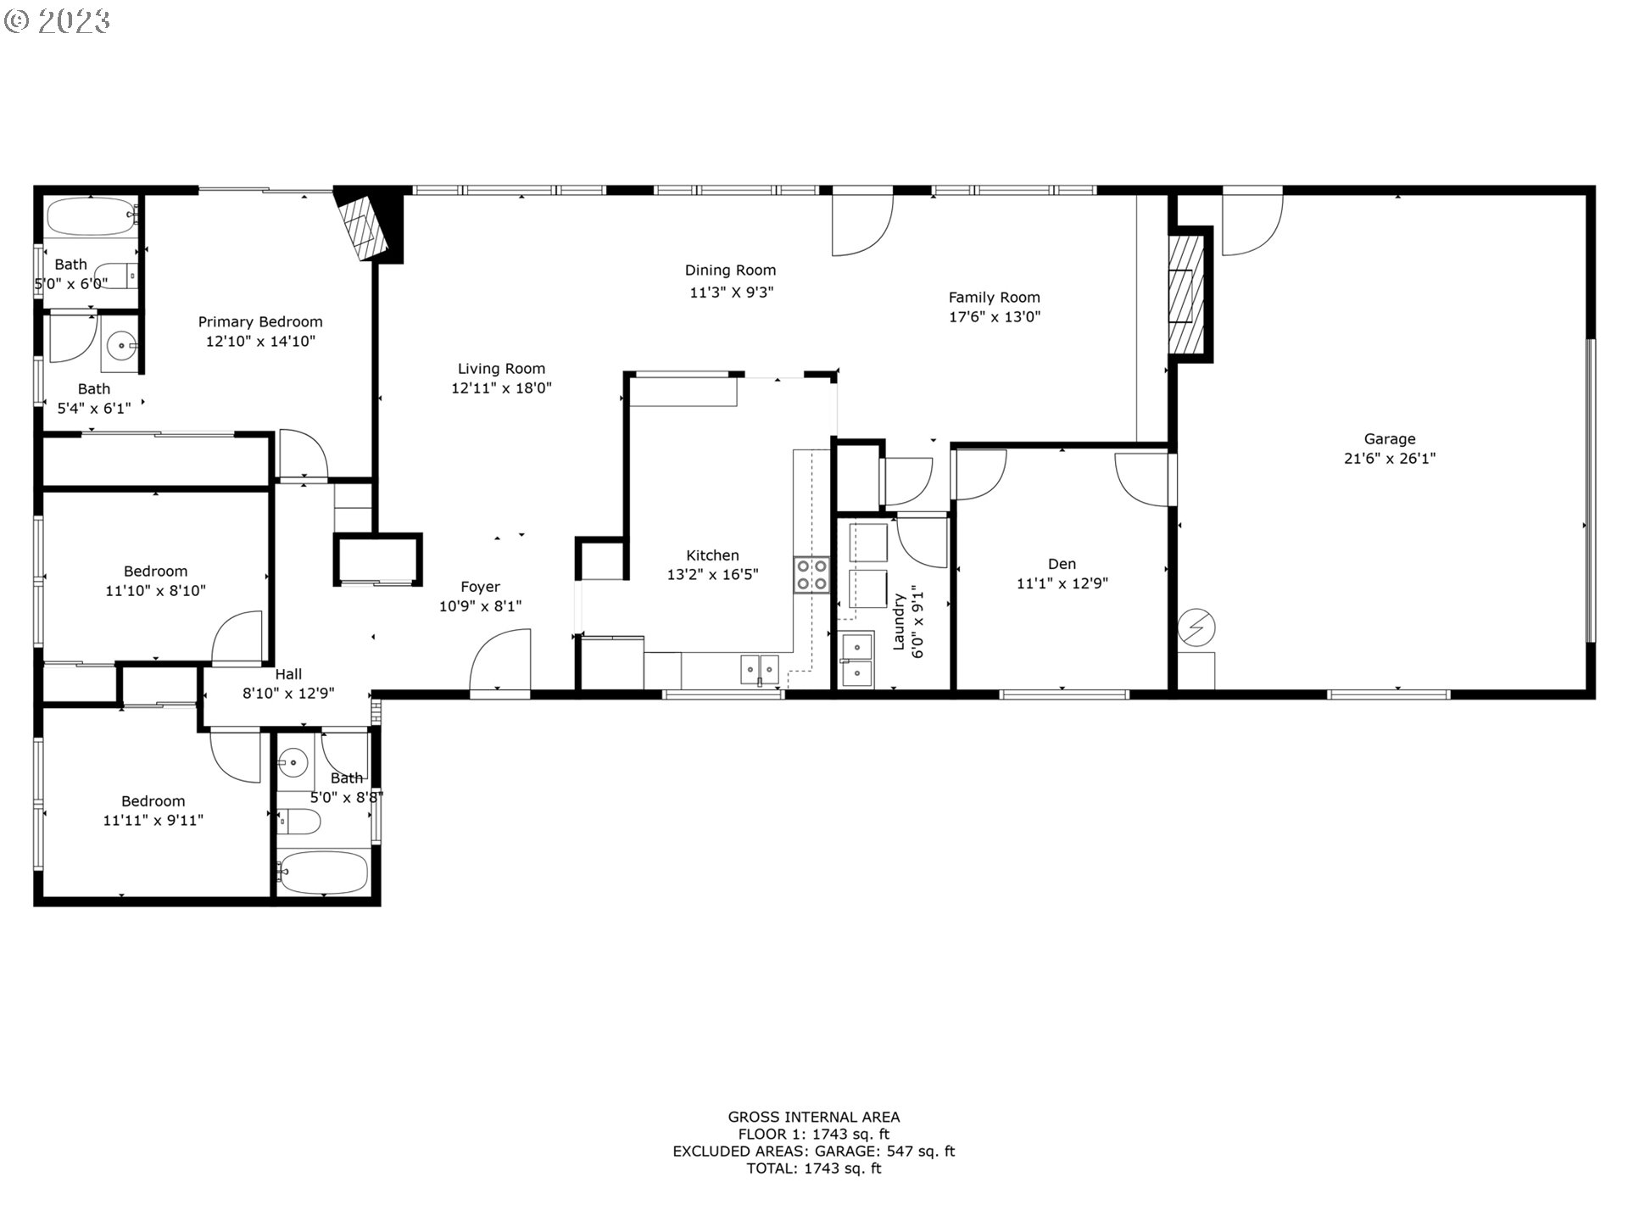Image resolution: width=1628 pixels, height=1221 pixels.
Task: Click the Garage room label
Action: (x=1389, y=439)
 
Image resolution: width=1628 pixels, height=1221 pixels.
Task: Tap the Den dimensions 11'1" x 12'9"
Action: (x=1062, y=583)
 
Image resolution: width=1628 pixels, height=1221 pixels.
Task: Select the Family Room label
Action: (x=994, y=298)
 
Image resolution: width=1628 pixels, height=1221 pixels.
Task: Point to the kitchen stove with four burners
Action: (x=811, y=574)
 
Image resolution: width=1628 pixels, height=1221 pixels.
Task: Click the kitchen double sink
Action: (x=759, y=668)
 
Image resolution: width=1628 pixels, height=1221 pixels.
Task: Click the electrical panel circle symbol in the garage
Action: (x=1196, y=628)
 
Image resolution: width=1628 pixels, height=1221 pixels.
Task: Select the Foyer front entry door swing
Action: (x=500, y=661)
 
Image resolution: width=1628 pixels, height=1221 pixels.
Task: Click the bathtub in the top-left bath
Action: (x=90, y=217)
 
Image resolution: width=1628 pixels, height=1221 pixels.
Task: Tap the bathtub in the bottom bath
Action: (x=324, y=873)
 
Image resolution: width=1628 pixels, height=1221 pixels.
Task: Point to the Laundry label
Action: (x=899, y=622)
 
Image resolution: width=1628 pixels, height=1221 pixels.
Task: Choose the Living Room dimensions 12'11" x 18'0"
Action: (x=501, y=388)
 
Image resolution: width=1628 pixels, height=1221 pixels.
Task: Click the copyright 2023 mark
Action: (x=57, y=21)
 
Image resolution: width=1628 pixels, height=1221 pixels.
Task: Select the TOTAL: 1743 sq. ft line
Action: (x=813, y=1168)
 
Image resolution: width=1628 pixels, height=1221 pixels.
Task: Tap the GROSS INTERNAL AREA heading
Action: (x=813, y=1118)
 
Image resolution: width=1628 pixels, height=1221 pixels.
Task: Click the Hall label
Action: (x=288, y=675)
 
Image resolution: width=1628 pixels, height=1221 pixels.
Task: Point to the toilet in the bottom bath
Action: (x=300, y=822)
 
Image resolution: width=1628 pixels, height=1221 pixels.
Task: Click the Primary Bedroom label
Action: (x=260, y=322)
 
